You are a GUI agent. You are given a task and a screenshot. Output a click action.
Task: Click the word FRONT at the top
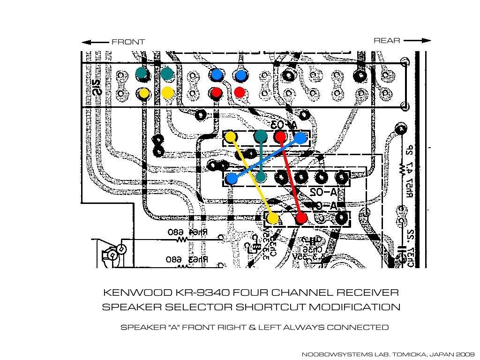(128, 42)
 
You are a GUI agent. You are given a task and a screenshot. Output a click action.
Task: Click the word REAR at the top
(387, 41)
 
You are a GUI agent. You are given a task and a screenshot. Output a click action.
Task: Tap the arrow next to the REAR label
(417, 41)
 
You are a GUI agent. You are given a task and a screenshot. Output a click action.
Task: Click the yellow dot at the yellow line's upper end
(230, 137)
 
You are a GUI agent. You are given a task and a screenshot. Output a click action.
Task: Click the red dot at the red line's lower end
(301, 218)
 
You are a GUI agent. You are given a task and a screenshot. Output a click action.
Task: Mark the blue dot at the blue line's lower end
(232, 178)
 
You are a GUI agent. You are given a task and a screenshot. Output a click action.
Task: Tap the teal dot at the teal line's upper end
(261, 136)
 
